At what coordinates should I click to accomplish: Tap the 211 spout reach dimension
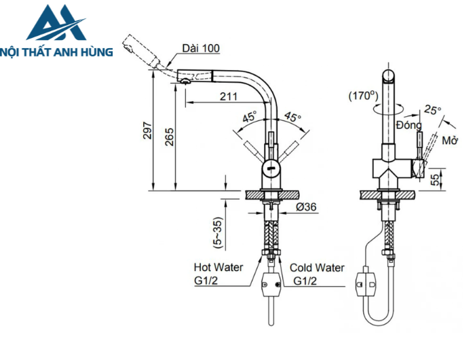coord(229,96)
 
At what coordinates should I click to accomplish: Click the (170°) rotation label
coord(363,96)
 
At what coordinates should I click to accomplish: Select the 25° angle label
coord(432,109)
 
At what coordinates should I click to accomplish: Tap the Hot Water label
coord(218,268)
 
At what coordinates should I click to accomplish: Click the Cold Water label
coord(317,268)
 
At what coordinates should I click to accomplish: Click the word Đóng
coord(409,125)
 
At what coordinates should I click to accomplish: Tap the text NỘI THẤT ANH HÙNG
coord(57,52)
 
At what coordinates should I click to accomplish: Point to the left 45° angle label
coord(249,116)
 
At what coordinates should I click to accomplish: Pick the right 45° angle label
coord(292,116)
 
